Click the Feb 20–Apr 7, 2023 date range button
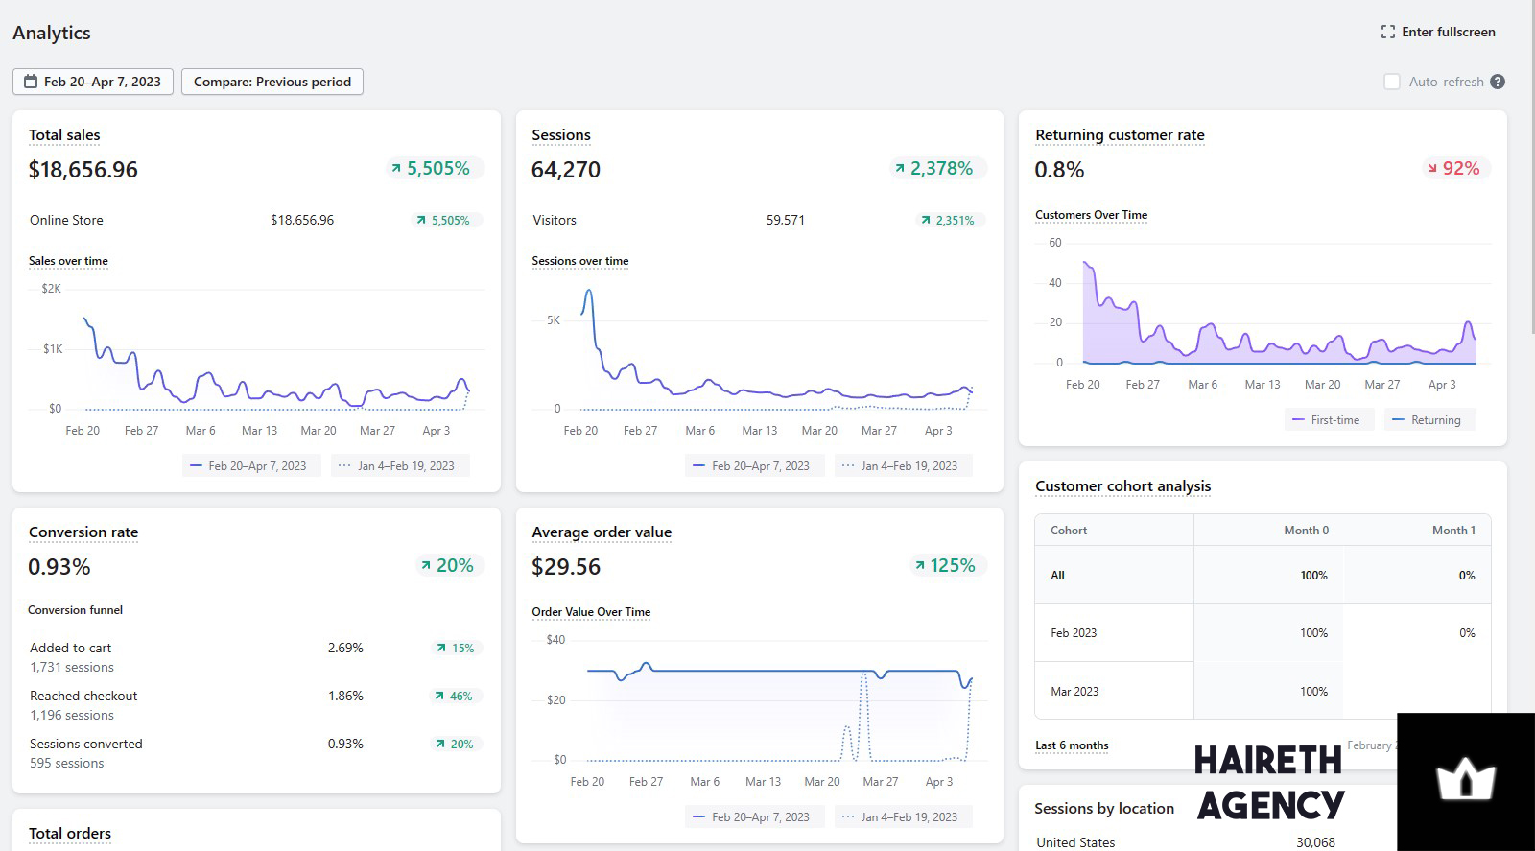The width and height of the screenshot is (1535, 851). [x=92, y=82]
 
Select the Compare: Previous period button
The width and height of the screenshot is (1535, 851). [x=272, y=82]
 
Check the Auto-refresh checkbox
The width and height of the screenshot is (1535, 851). [x=1392, y=82]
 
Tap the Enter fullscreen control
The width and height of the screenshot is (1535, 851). [x=1438, y=33]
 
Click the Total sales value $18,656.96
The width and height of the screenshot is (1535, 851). [x=83, y=169]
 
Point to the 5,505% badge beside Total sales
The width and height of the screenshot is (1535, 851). [x=431, y=168]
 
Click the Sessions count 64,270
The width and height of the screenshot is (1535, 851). [x=566, y=169]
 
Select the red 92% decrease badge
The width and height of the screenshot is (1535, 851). [x=1453, y=168]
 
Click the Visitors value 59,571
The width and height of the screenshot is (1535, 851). [x=786, y=220]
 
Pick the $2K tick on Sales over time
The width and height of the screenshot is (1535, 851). [x=52, y=289]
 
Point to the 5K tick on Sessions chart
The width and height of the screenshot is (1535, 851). [x=553, y=320]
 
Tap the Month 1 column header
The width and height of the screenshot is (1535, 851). [x=1453, y=531]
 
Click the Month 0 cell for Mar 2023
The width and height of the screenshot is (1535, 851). [x=1313, y=692]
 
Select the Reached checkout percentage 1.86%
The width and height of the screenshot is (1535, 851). [x=345, y=696]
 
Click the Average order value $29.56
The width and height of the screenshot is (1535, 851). [x=566, y=567]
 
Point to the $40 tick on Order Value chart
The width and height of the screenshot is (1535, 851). [x=555, y=640]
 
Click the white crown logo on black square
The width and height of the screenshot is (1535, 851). [x=1466, y=779]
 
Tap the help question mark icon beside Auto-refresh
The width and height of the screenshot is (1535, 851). [x=1498, y=82]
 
